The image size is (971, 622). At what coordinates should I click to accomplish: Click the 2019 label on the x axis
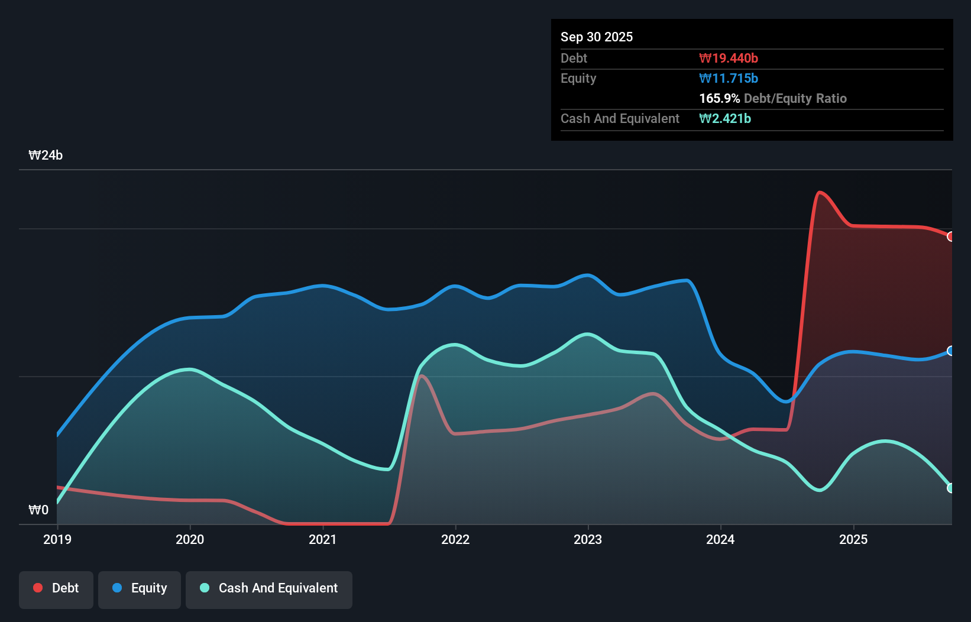[57, 539]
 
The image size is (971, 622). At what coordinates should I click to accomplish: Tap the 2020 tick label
[190, 539]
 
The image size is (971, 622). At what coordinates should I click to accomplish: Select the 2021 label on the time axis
[323, 539]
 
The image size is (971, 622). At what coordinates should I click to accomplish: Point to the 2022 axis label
[455, 539]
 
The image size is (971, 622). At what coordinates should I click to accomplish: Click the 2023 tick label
[588, 539]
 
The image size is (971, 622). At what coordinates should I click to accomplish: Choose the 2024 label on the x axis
[720, 539]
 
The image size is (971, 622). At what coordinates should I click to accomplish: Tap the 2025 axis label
[853, 539]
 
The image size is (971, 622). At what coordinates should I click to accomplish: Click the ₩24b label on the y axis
[46, 155]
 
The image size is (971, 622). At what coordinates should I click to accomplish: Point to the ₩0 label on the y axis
[38, 510]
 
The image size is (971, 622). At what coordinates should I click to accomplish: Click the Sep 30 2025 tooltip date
[597, 37]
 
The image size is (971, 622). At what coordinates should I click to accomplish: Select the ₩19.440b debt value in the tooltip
[729, 59]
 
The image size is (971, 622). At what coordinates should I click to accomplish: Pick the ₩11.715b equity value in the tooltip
[729, 79]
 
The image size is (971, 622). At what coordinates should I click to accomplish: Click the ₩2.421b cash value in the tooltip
[725, 119]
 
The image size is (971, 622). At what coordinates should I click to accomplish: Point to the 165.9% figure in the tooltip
[719, 99]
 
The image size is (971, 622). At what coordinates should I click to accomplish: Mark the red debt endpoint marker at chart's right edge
[950, 237]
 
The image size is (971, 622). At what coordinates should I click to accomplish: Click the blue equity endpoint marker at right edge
[950, 351]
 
